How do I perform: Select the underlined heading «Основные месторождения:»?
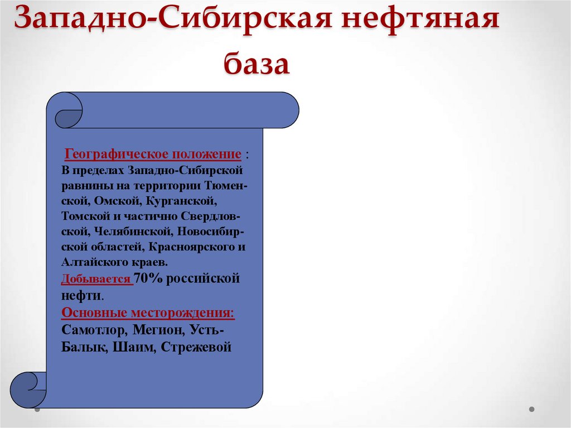pyautogui.click(x=148, y=313)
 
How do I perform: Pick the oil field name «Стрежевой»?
pyautogui.click(x=196, y=347)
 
